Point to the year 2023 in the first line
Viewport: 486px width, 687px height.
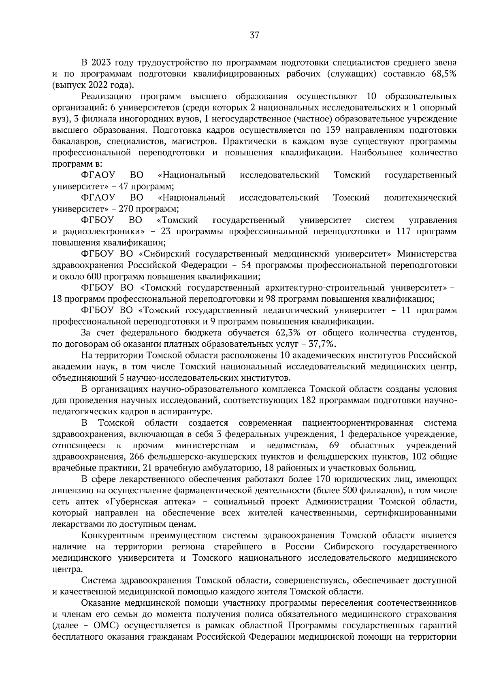pos(102,63)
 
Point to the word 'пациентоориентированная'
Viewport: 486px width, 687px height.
pos(358,423)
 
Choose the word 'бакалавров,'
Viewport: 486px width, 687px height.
pos(76,142)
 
